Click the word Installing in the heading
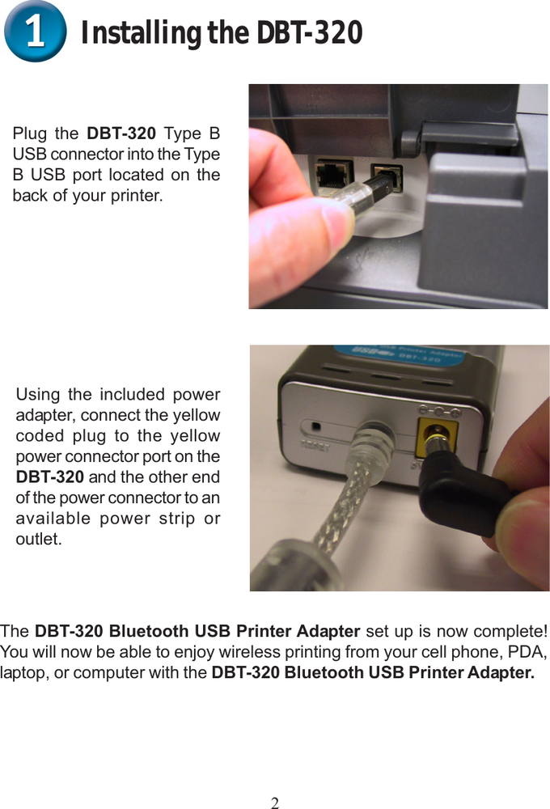coord(141,34)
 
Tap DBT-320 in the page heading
coord(309,34)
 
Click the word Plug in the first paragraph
coord(30,133)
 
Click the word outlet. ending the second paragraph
coord(39,539)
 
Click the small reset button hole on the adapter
coord(316,426)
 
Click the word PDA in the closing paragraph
coord(530,652)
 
